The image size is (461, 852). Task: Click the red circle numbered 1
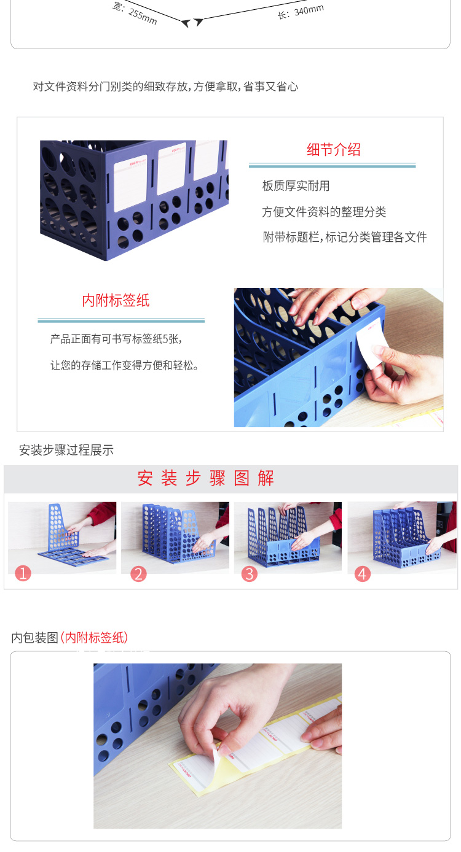(23, 573)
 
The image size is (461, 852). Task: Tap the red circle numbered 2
(138, 573)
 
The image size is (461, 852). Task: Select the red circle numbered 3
(249, 573)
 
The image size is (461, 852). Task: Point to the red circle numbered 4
(362, 573)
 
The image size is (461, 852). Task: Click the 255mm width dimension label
(135, 12)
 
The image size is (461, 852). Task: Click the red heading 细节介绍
(333, 150)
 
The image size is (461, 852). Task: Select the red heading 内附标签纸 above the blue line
(116, 301)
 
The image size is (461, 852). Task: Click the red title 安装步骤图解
(205, 478)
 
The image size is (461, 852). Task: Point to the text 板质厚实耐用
(296, 186)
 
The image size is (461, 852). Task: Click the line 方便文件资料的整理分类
(324, 212)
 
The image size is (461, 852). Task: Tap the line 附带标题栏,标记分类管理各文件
(344, 237)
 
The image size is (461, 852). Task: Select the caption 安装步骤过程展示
(66, 450)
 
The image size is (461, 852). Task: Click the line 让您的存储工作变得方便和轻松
(124, 365)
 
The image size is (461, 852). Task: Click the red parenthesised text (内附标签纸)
(94, 638)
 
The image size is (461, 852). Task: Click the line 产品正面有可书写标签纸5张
(116, 339)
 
